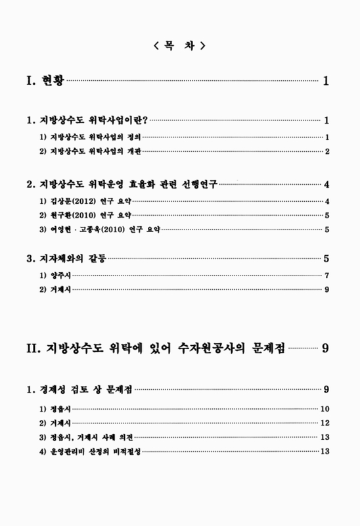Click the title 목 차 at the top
click(179, 45)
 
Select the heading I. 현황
click(45, 82)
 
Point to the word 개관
click(134, 151)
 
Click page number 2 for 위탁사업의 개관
click(326, 151)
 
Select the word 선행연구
click(197, 184)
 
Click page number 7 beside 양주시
click(326, 274)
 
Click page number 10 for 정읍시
click(325, 408)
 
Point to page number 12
click(325, 422)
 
